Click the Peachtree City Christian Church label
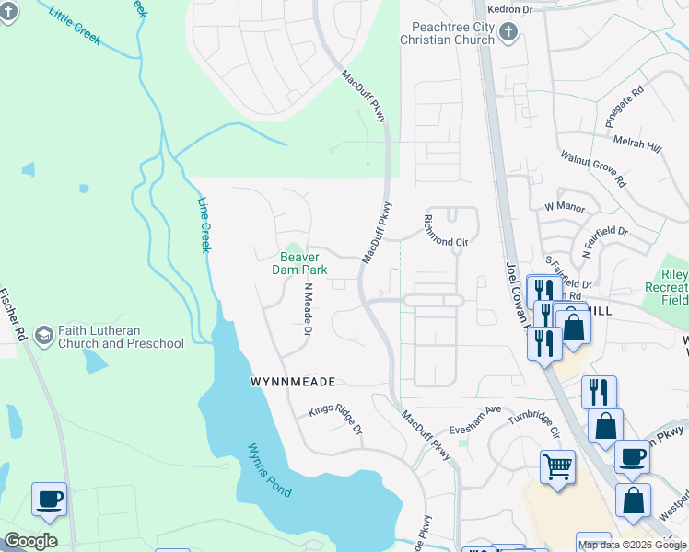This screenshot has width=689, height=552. pyautogui.click(x=448, y=34)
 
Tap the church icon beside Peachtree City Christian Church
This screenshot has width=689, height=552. pyautogui.click(x=508, y=34)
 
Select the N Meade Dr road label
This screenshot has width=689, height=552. pyautogui.click(x=309, y=308)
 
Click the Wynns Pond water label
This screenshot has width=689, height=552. pyautogui.click(x=269, y=470)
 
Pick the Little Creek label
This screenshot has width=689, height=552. pyautogui.click(x=76, y=29)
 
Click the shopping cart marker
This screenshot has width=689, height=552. pyautogui.click(x=557, y=466)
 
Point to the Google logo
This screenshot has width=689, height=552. pyautogui.click(x=30, y=541)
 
